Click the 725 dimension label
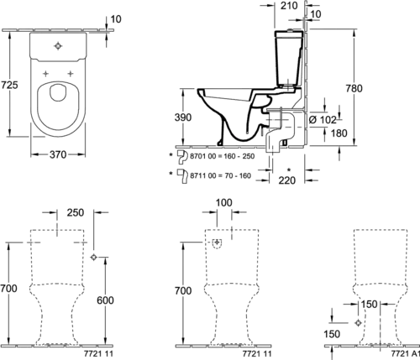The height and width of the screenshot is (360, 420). pyautogui.click(x=9, y=85)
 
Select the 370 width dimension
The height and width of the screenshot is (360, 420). pyautogui.click(x=58, y=154)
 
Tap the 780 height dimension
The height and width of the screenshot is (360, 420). pyautogui.click(x=354, y=88)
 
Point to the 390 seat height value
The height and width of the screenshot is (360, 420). pyautogui.click(x=183, y=117)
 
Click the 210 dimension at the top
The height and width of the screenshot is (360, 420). pyautogui.click(x=289, y=6)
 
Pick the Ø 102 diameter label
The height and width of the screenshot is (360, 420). pyautogui.click(x=323, y=120)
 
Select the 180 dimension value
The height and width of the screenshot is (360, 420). pyautogui.click(x=339, y=133)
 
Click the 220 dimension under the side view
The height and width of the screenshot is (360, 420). pyautogui.click(x=287, y=180)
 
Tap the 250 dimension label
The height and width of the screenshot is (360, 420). pyautogui.click(x=76, y=212)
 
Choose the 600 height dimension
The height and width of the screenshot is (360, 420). pyautogui.click(x=105, y=300)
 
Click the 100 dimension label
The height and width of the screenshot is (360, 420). pyautogui.click(x=224, y=202)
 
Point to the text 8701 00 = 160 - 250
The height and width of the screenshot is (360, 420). pyautogui.click(x=223, y=156)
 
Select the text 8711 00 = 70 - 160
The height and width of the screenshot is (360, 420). pyautogui.click(x=220, y=176)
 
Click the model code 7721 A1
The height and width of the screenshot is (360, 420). pyautogui.click(x=405, y=353)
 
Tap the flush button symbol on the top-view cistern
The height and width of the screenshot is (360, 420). pyautogui.click(x=58, y=46)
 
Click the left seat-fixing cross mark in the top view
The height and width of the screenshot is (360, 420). pyautogui.click(x=45, y=74)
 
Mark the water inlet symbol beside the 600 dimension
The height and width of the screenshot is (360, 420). pyautogui.click(x=94, y=257)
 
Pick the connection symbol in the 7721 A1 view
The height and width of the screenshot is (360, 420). pyautogui.click(x=358, y=323)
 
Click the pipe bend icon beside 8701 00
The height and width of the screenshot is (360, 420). pyautogui.click(x=182, y=157)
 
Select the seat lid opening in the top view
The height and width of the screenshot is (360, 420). pyautogui.click(x=58, y=92)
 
